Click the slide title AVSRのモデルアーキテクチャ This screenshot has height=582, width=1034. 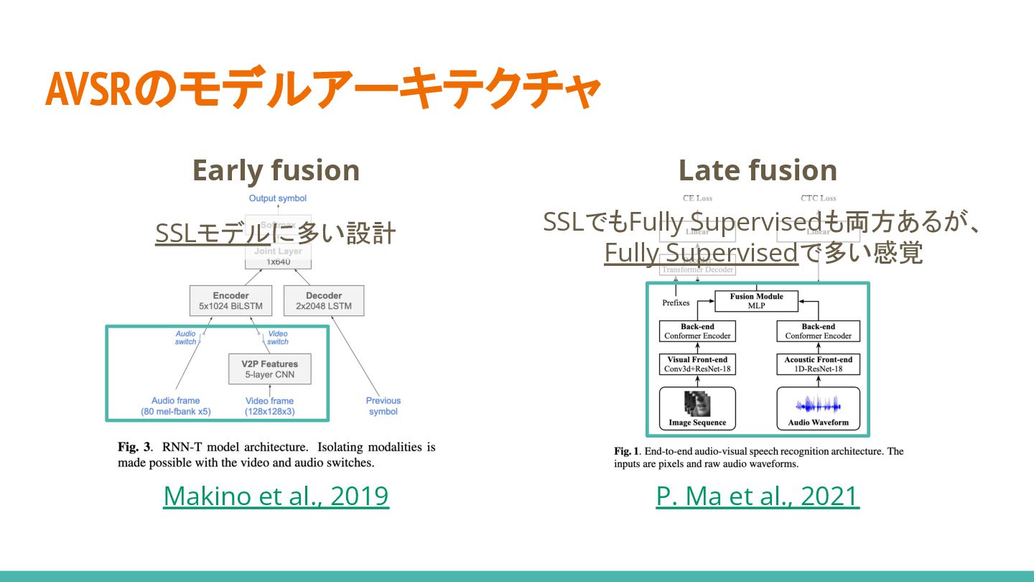click(322, 90)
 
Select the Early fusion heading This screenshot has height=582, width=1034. click(276, 170)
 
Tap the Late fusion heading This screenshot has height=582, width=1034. click(758, 170)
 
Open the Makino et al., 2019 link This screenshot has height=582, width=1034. click(276, 496)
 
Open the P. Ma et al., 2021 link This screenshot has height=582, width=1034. click(758, 496)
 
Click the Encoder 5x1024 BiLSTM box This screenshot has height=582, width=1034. click(230, 301)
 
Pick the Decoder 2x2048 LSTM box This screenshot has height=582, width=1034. click(323, 301)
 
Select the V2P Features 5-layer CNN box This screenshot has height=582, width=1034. click(269, 369)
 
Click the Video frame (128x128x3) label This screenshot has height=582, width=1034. click(269, 406)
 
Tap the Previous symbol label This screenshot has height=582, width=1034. click(383, 406)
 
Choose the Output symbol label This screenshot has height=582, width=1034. click(277, 198)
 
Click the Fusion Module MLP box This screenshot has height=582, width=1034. click(756, 301)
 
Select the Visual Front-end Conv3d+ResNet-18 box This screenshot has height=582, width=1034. click(697, 364)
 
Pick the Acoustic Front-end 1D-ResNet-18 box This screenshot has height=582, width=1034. click(819, 364)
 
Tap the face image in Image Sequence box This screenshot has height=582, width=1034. click(697, 403)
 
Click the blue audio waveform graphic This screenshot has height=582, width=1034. click(819, 404)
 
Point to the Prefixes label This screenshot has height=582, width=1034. click(676, 303)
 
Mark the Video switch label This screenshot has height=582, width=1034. click(278, 338)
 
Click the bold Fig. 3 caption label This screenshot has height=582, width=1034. click(134, 447)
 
